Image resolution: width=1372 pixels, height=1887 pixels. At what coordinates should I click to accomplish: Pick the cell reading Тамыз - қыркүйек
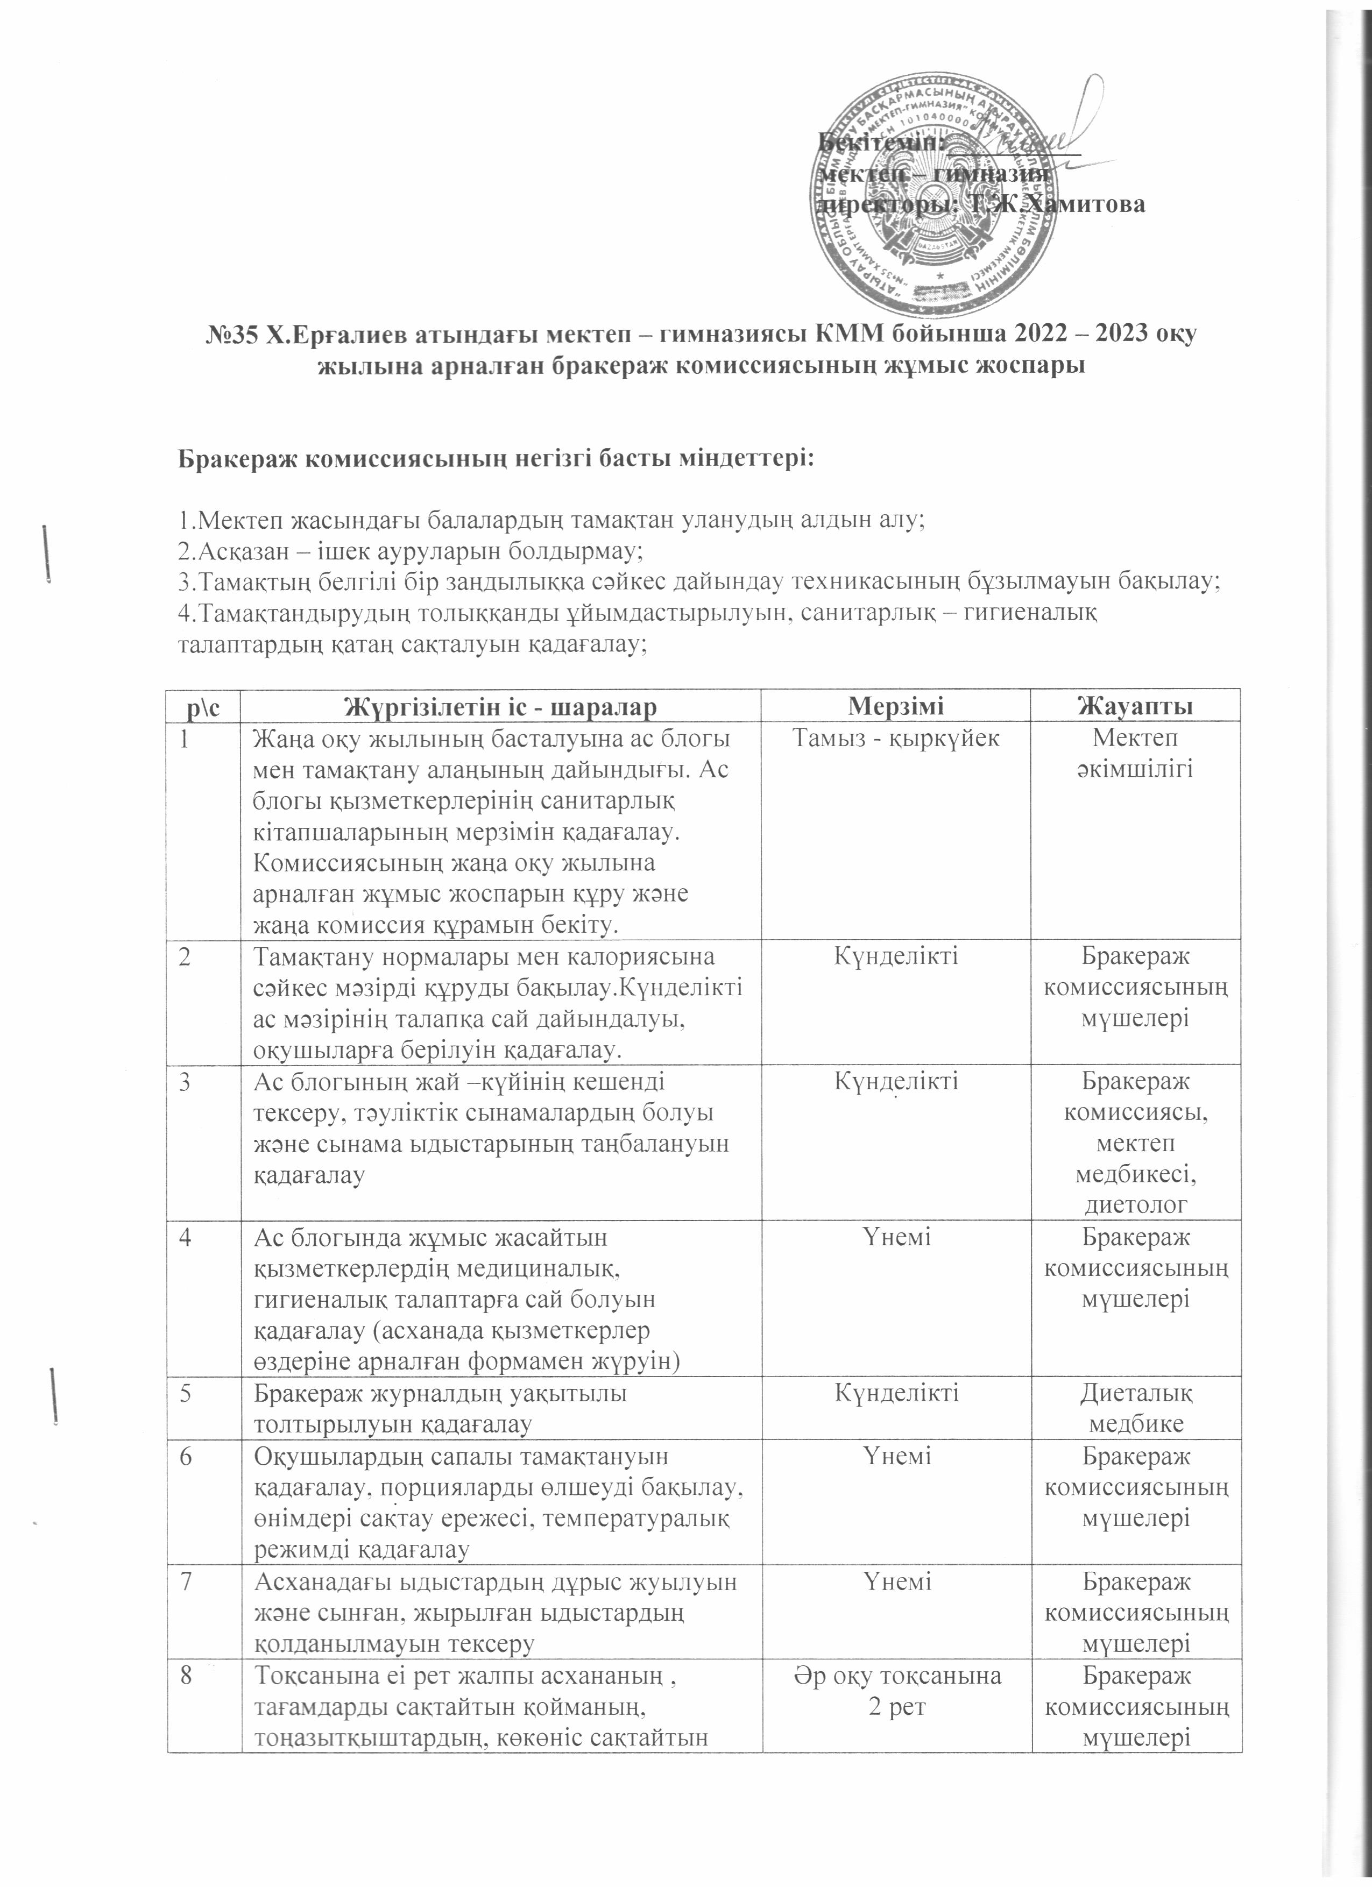pyautogui.click(x=895, y=738)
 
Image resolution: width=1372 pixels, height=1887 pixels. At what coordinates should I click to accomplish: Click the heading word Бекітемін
pyautogui.click(x=880, y=143)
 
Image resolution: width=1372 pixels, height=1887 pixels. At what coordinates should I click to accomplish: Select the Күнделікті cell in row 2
pyautogui.click(x=895, y=956)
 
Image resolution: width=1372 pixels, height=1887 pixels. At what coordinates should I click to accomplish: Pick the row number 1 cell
pyautogui.click(x=184, y=738)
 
